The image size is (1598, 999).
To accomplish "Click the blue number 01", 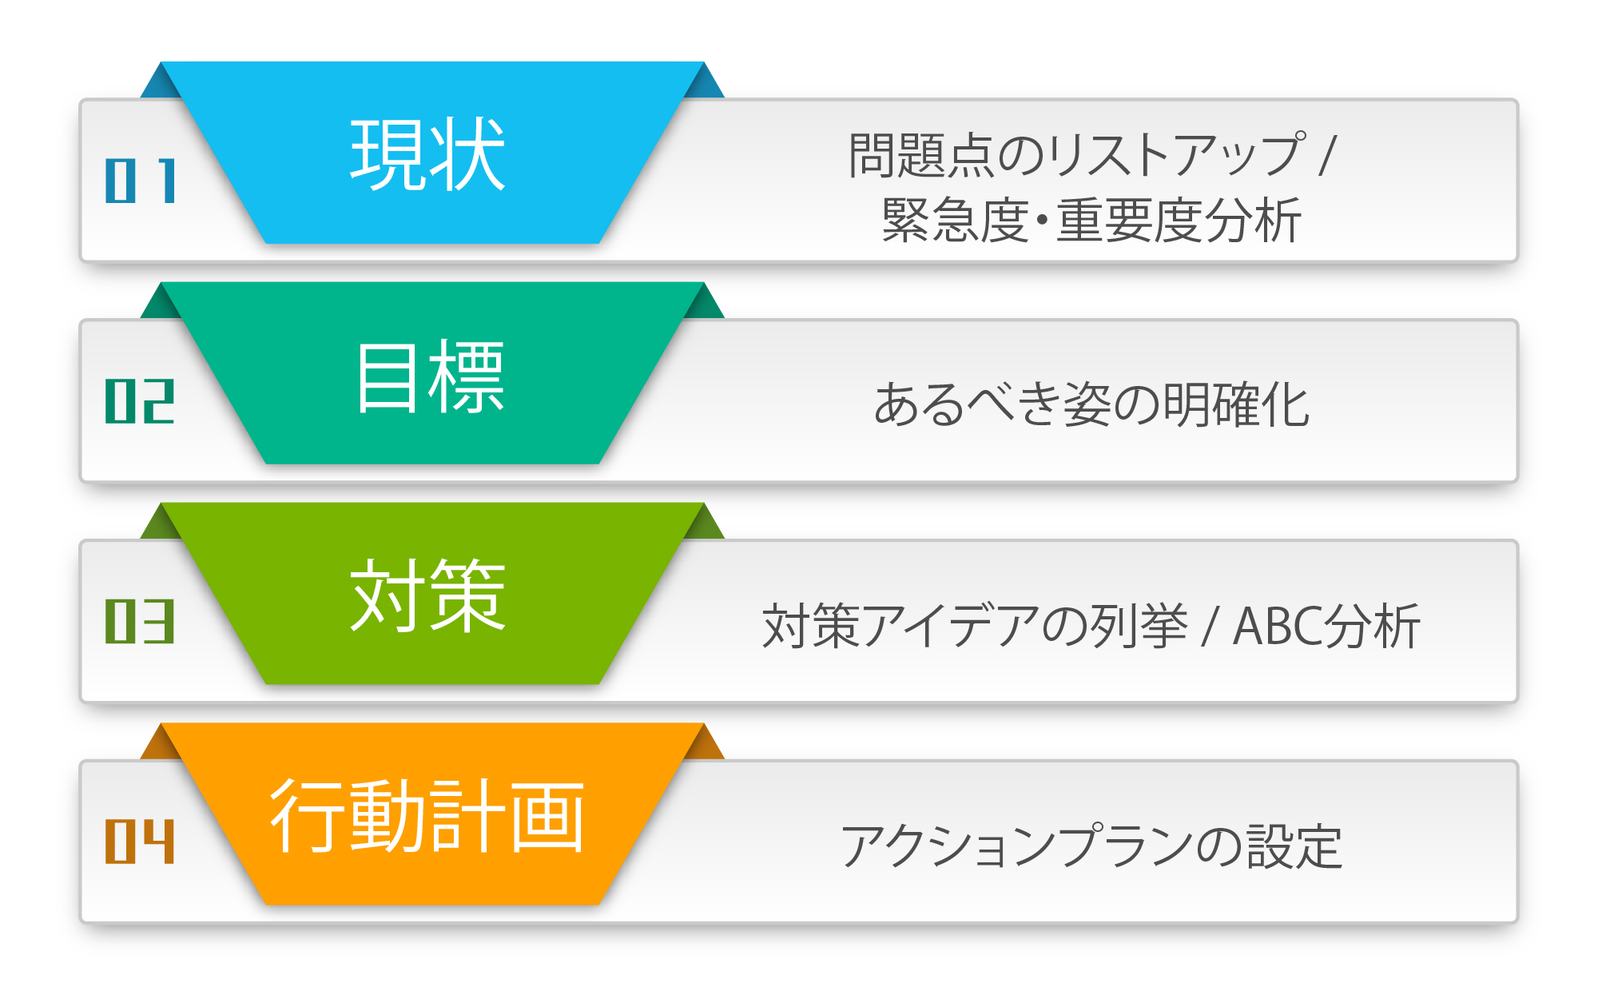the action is click(x=141, y=181).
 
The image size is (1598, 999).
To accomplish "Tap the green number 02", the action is click(x=140, y=401).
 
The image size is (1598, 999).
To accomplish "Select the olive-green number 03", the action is click(x=140, y=621).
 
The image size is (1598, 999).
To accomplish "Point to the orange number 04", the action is click(x=140, y=842).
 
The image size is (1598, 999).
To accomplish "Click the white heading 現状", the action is click(x=428, y=154).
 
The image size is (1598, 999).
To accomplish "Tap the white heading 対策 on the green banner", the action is click(x=428, y=595).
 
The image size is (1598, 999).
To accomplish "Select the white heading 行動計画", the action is click(x=427, y=816).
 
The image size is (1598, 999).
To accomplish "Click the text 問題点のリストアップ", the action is click(x=1078, y=154).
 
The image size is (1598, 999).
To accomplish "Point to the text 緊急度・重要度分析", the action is click(x=1091, y=220).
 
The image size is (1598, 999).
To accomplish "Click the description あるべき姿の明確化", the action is click(x=1091, y=404).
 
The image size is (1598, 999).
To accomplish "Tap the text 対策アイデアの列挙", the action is click(x=976, y=625).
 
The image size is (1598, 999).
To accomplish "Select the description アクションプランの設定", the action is click(x=1091, y=846).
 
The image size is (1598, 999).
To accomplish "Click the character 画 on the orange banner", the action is click(x=547, y=816).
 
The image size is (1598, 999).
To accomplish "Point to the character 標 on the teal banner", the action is click(x=467, y=376).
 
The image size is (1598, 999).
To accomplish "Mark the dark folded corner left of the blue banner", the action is click(x=161, y=83).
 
